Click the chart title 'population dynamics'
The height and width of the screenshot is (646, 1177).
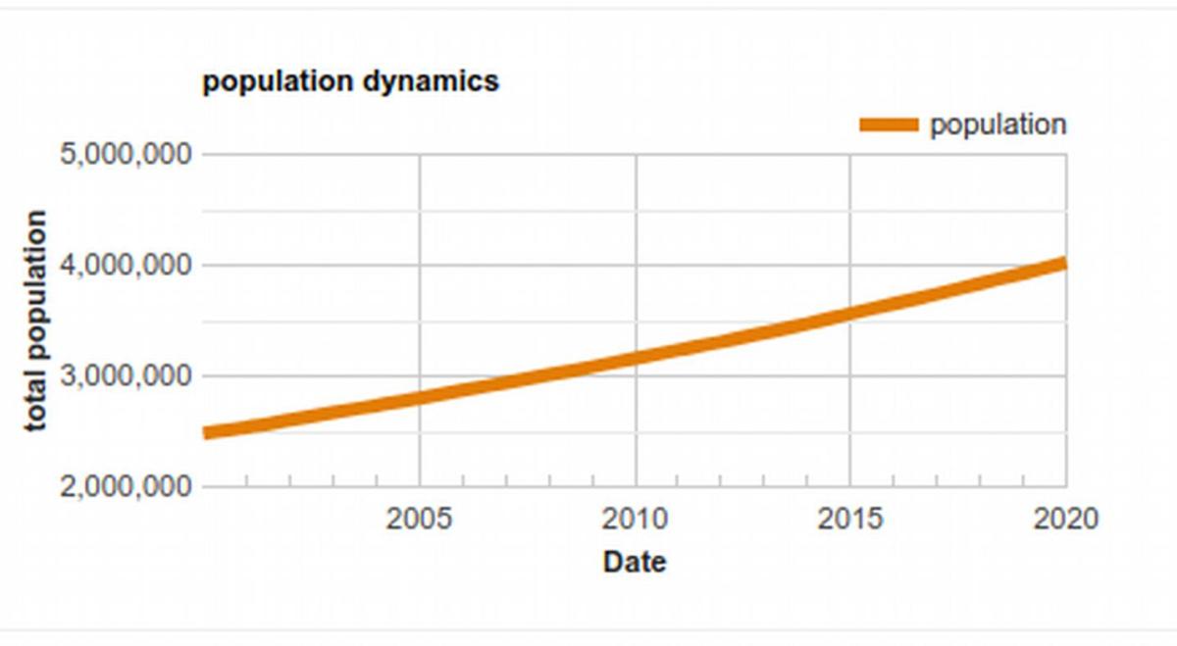coord(350,80)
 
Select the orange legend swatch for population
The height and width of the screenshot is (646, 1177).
coord(889,124)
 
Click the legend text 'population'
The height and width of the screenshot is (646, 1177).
coord(998,124)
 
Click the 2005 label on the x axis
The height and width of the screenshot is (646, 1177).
coord(420,519)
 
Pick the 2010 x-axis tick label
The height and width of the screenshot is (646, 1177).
coord(636,519)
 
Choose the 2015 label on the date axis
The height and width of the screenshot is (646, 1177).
coord(849,519)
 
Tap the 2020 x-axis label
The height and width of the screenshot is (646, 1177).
coord(1065,519)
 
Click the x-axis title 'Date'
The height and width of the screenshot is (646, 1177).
coord(634,562)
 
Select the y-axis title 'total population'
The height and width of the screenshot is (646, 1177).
coord(36,321)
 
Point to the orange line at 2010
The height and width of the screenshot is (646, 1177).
coord(636,358)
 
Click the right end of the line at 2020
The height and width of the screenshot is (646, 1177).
coord(1062,264)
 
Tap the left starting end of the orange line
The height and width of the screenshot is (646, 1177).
coord(208,432)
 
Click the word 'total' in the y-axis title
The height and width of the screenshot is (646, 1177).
coord(36,405)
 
